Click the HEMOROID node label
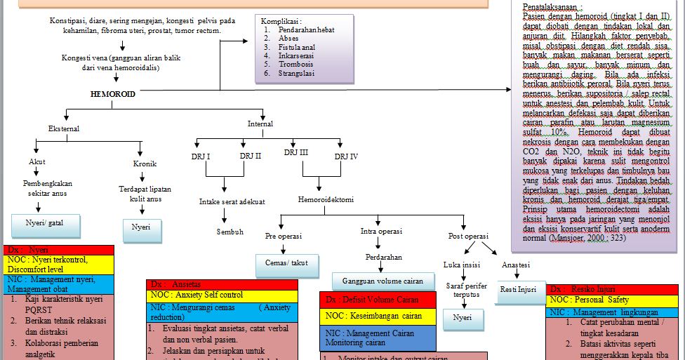coord(112,93)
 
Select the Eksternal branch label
coord(63,129)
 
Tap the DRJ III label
coord(295,152)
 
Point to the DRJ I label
coord(201,156)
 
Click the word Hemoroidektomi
coord(324,199)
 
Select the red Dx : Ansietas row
coord(222,284)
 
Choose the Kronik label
coord(145,164)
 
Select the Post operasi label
coord(468,236)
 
